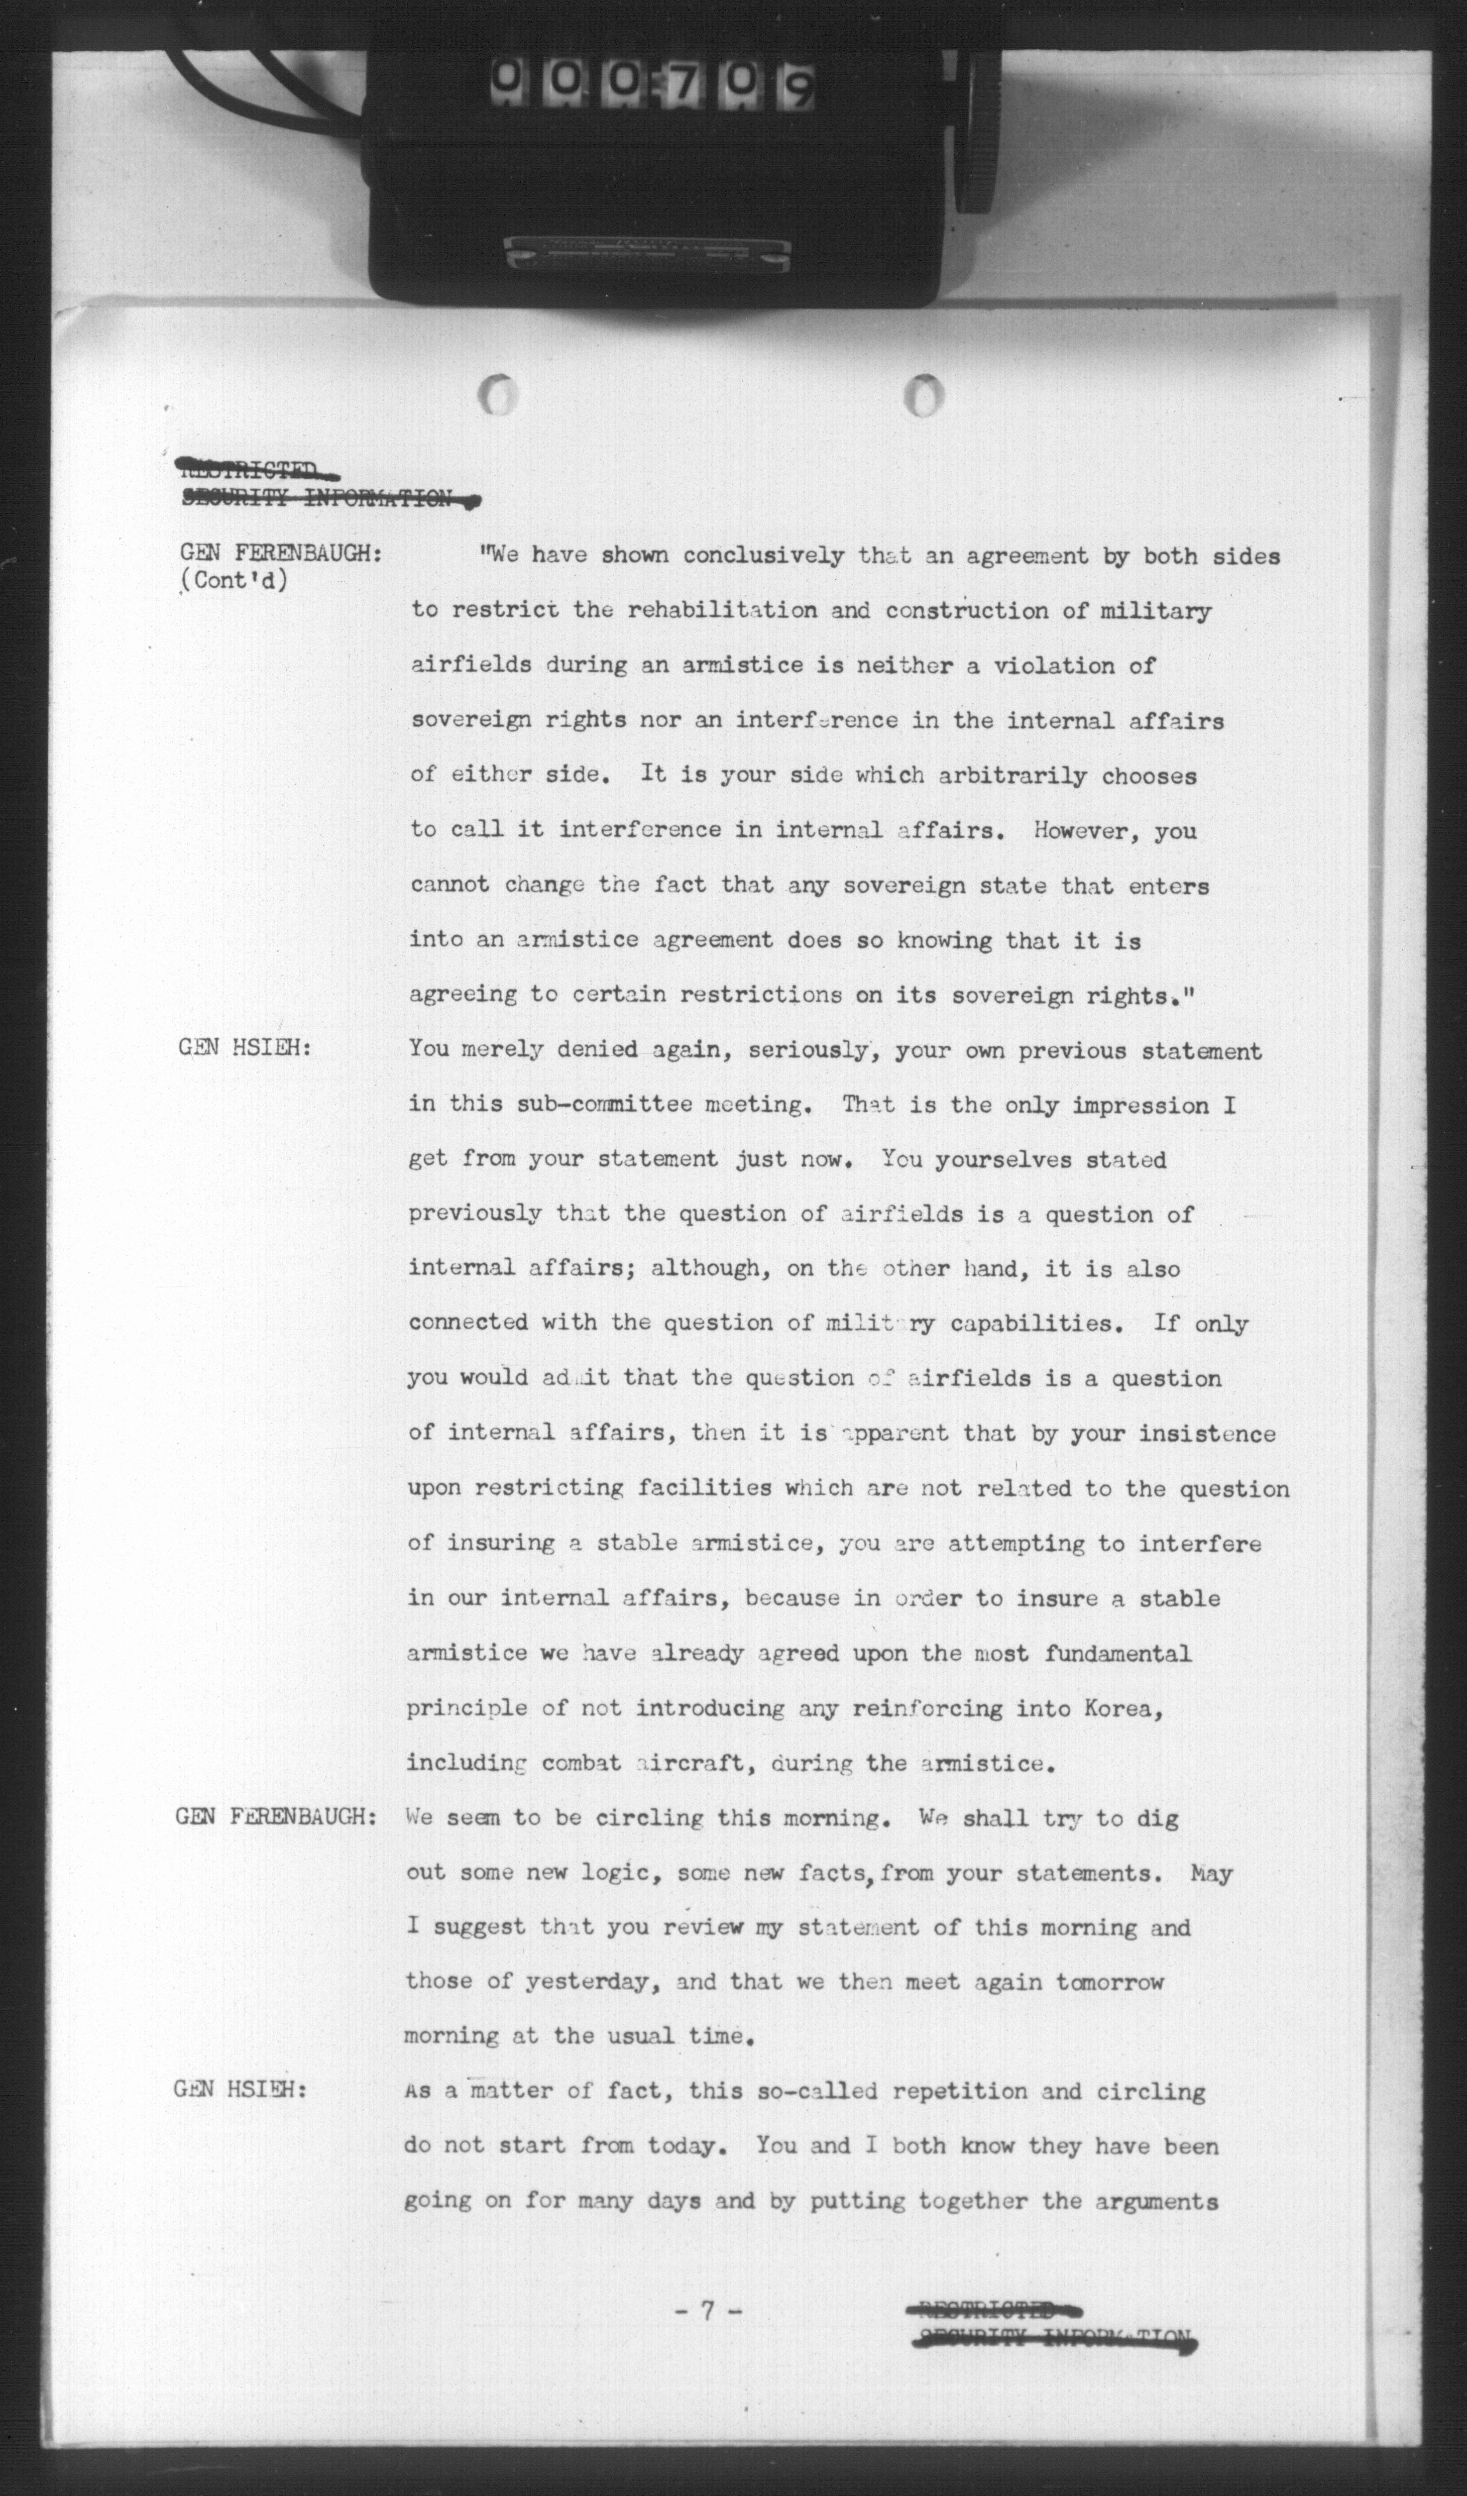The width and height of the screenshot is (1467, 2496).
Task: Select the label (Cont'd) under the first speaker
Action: click(x=235, y=581)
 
